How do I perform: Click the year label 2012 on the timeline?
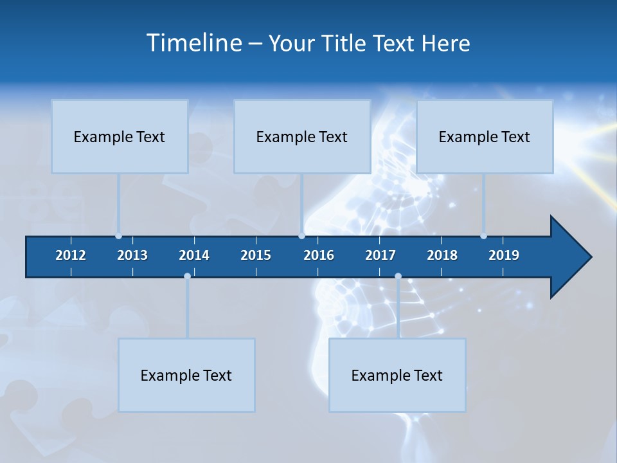coord(71,255)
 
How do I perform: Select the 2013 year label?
coord(132,255)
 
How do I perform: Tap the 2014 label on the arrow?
coord(194,255)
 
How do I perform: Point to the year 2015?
coord(256,255)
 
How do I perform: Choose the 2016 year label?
coord(319,255)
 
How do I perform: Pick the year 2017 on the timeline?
coord(380,255)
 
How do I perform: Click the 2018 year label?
coord(442,255)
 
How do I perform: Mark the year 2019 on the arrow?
coord(504,255)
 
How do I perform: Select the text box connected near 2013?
coord(120,136)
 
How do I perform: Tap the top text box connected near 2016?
coord(302,136)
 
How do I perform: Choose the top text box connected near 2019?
coord(485,136)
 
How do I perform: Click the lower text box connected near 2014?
coord(186,375)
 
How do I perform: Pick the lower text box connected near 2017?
coord(397,375)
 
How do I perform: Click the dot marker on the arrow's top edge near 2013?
coord(119,236)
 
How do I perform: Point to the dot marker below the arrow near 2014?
coord(187,277)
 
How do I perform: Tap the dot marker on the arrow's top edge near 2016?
coord(301,236)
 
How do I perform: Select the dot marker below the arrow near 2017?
coord(398,277)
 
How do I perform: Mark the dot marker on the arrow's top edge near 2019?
coord(483,236)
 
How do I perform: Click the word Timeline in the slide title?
coord(195,42)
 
